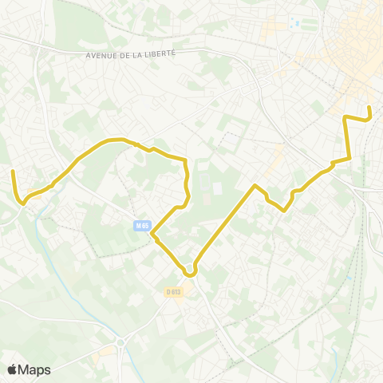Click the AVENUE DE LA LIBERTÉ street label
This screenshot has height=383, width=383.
129,53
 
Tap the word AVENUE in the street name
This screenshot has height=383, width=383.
101,54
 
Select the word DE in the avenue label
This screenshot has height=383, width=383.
125,54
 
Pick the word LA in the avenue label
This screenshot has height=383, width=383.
138,53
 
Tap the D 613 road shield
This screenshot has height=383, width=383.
175,292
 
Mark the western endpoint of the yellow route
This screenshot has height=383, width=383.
12,171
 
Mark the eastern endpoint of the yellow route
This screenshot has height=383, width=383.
369,106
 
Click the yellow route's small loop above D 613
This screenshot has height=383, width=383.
190,271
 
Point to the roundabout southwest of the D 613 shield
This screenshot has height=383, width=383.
121,343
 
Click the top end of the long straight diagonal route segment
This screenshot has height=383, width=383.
255,186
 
